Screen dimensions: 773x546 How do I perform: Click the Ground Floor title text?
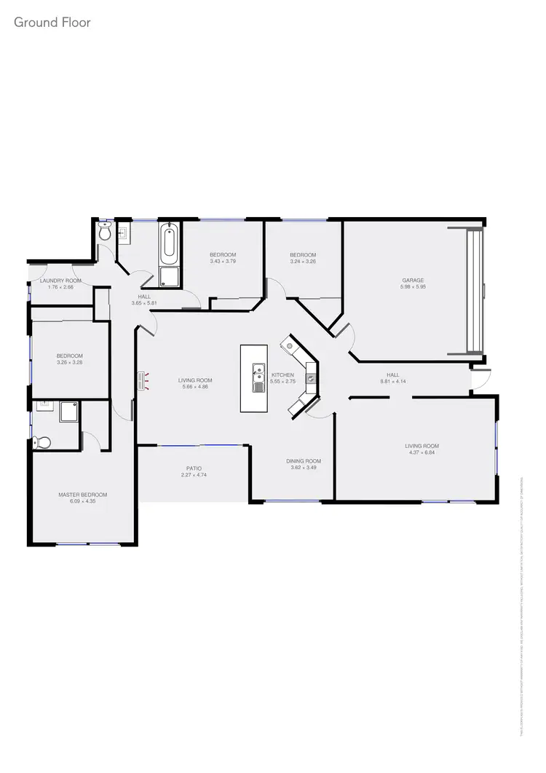tap(52, 23)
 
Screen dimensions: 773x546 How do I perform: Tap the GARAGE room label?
tap(413, 280)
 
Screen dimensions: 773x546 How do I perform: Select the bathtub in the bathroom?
tap(169, 243)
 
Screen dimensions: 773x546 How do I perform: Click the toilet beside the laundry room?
tap(106, 233)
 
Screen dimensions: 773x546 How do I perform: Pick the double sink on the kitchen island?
tap(258, 377)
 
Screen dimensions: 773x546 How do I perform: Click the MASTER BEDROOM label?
tap(82, 495)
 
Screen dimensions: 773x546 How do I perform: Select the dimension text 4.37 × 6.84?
tap(422, 452)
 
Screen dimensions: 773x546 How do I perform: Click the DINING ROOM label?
tap(303, 461)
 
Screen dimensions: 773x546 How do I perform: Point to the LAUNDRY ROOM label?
tap(60, 280)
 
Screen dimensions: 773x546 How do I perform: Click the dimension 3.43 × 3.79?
tap(223, 261)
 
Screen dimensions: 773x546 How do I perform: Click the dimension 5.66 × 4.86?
tap(195, 387)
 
